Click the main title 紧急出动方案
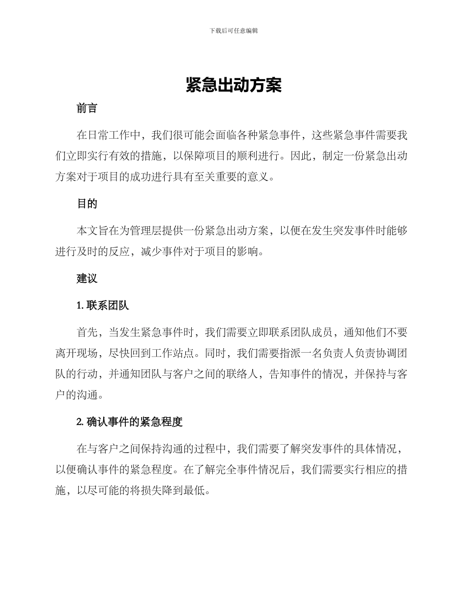pos(233,85)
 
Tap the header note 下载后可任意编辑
pos(233,30)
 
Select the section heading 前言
pos(87,109)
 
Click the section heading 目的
pos(87,204)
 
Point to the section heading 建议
pos(87,278)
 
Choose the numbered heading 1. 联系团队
pos(103,305)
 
